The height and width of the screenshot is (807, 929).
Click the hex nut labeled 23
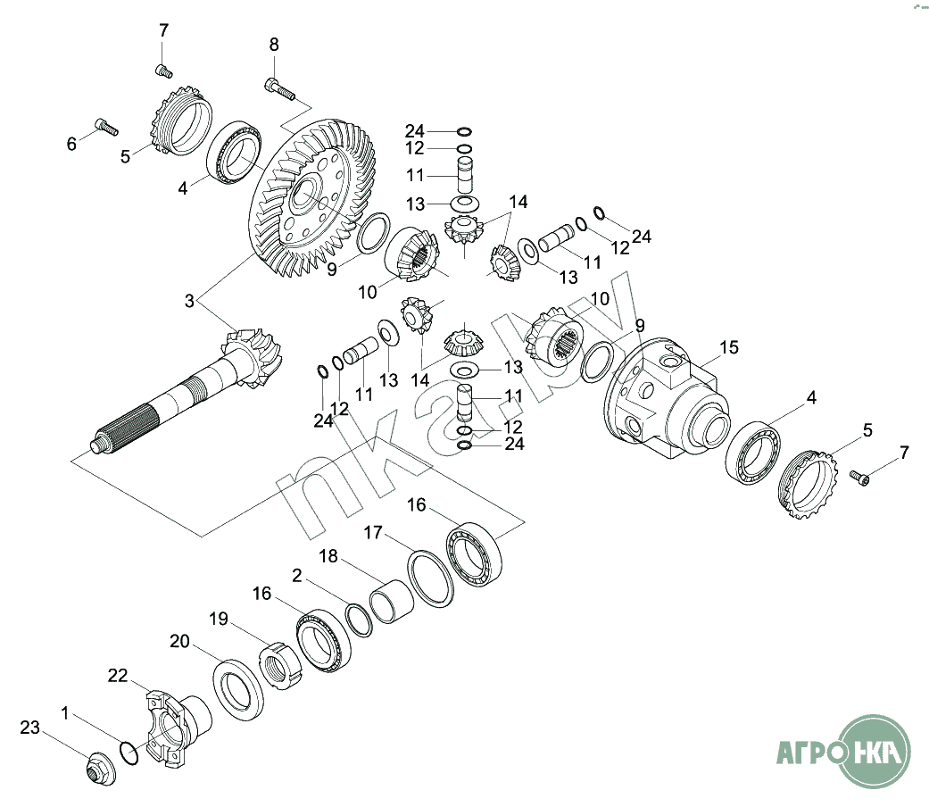[x=101, y=769]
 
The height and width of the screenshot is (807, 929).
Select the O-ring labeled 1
[x=129, y=752]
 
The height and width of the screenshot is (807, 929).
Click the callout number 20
[x=179, y=641]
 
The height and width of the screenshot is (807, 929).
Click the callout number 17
[x=373, y=533]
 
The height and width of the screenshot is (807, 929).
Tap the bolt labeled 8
[x=279, y=89]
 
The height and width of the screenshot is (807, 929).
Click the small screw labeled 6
[x=107, y=127]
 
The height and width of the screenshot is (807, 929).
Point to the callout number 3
[x=189, y=301]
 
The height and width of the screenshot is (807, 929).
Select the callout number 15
[x=729, y=347]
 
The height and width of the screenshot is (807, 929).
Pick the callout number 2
[x=297, y=575]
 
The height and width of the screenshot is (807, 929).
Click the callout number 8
[x=274, y=45]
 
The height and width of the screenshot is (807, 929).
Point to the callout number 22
[x=118, y=676]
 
